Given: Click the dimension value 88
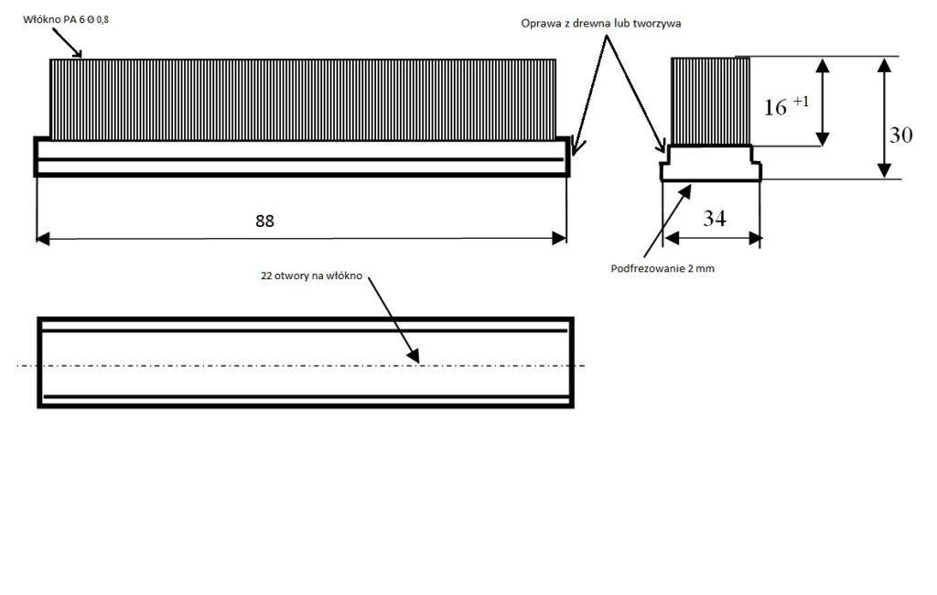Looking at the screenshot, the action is (264, 222).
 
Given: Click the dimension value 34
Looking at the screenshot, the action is (715, 218).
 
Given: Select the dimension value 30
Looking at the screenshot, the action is (901, 135).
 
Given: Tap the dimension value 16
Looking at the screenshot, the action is (776, 108).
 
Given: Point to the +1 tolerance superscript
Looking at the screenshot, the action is (801, 102).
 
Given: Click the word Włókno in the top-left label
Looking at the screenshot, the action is (42, 20).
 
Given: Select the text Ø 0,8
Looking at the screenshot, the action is (98, 20).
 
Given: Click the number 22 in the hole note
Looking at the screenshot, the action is (266, 276).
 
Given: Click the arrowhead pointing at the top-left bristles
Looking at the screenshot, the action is (77, 52).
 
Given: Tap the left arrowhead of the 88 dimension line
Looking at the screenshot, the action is (43, 239).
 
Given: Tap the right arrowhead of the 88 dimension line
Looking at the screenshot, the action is (559, 239).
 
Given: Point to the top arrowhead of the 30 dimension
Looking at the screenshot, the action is (885, 65).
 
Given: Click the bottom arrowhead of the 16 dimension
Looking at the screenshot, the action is (823, 139).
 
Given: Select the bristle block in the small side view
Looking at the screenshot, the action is (710, 102).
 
